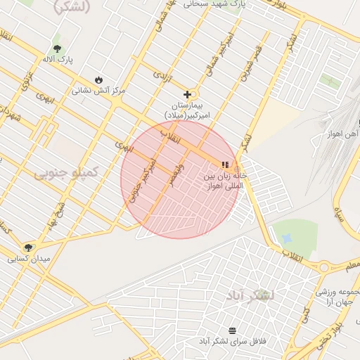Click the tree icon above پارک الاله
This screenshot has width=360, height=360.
point(57,49)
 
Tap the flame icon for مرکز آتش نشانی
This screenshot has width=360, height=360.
point(98,79)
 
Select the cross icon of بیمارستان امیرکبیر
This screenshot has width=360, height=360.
point(188,94)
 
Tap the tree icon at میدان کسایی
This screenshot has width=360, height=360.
point(28,247)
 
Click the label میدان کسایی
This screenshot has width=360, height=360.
point(29,259)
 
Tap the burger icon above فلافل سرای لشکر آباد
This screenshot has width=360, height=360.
point(232,330)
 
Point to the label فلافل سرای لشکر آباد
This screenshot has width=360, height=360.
point(231,341)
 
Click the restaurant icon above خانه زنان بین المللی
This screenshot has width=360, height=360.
point(225,165)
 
